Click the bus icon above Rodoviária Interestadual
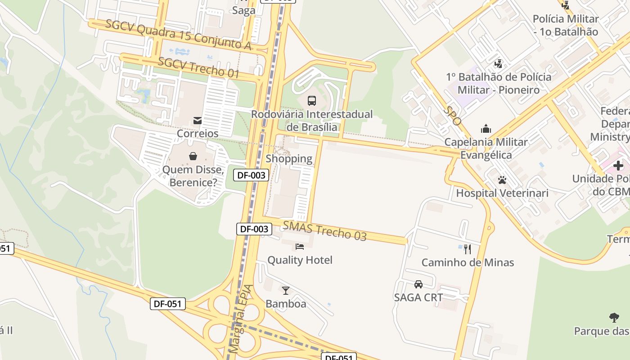[311, 100]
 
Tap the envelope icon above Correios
[197, 120]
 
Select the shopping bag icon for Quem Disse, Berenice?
[193, 156]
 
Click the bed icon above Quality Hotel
[300, 246]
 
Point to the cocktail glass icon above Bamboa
[285, 290]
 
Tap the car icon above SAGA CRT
[418, 284]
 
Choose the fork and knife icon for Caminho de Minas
[468, 248]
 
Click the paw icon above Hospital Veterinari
[502, 180]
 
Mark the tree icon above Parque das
[614, 318]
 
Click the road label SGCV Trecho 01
[198, 67]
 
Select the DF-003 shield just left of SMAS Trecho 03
[254, 229]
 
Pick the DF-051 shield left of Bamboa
[168, 304]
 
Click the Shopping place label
[289, 158]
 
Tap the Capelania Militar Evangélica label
[486, 148]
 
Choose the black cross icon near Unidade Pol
[618, 165]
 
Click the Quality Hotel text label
[300, 260]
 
